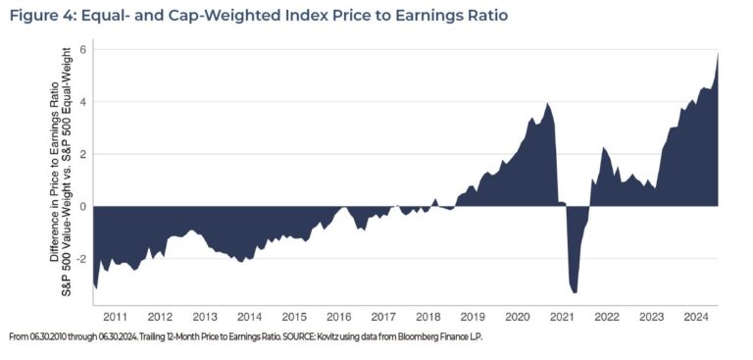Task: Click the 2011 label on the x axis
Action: click(x=116, y=317)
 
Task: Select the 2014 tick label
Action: click(x=249, y=317)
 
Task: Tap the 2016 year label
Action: click(x=338, y=317)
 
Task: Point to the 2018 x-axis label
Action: click(x=427, y=317)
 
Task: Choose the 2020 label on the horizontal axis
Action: click(x=517, y=317)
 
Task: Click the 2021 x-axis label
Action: click(x=562, y=317)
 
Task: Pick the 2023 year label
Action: click(x=651, y=317)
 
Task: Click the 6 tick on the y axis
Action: click(x=84, y=49)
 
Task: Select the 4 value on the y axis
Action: click(x=84, y=102)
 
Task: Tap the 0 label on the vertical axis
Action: click(x=84, y=207)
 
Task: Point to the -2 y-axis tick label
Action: click(x=82, y=259)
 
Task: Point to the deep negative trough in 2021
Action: click(x=575, y=291)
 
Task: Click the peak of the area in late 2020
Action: click(x=547, y=103)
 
